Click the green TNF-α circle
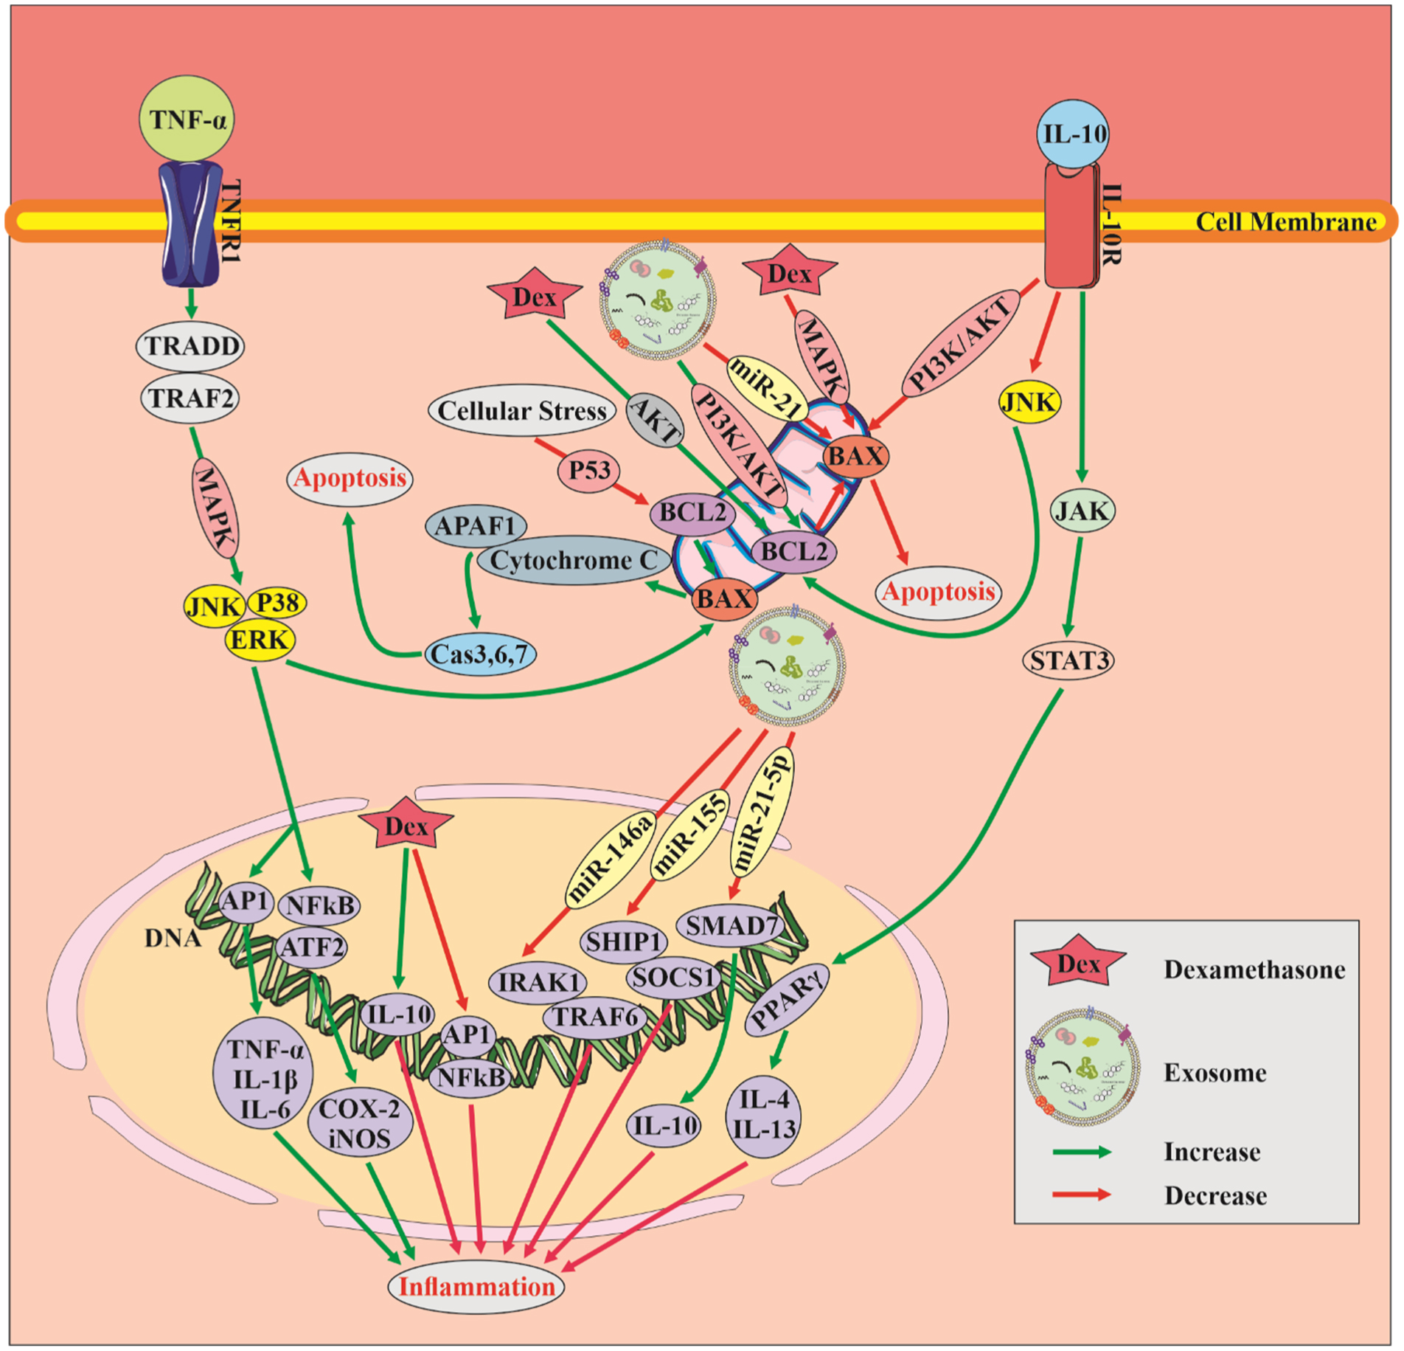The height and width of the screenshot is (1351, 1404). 187,120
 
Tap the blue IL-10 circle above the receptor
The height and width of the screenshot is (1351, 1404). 1074,134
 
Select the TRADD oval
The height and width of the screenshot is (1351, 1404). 190,346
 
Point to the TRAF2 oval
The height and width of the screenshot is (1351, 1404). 190,398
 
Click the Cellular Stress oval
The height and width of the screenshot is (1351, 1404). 521,410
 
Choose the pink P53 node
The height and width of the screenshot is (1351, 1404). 588,469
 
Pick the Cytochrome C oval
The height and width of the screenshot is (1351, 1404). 574,560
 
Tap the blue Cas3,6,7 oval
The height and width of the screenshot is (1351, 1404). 480,654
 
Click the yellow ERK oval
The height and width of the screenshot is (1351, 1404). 260,639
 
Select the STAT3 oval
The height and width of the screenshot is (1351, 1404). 1068,660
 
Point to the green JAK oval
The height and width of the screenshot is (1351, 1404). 1082,511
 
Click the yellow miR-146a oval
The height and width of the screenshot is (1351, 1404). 611,859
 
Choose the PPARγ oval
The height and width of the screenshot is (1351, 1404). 787,998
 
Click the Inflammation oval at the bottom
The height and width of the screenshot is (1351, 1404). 476,1287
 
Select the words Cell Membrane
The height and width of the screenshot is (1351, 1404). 1285,221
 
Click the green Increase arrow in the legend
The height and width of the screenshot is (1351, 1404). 1081,1152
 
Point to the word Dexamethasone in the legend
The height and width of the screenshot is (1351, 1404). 1254,970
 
